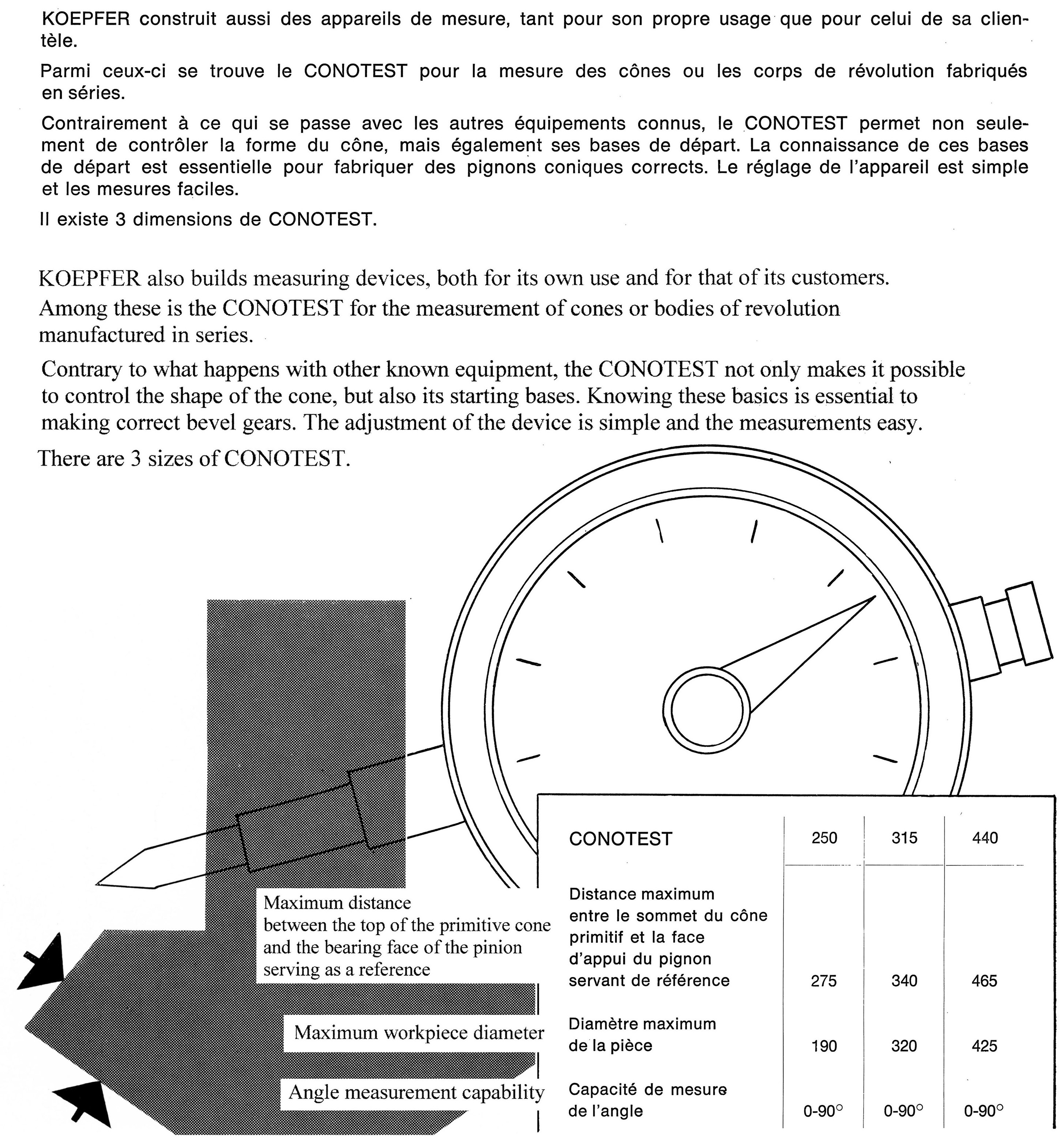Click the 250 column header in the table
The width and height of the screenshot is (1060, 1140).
(824, 838)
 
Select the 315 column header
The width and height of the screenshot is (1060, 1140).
(904, 838)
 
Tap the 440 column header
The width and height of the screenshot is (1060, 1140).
(984, 838)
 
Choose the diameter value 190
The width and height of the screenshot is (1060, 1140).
(824, 1046)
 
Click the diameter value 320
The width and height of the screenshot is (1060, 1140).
(904, 1046)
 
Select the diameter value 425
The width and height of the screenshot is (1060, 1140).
(984, 1046)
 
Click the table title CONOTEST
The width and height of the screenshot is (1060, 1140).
(620, 839)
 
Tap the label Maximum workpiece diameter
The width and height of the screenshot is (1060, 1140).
(419, 1033)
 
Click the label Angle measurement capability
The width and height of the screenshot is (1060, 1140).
(416, 1092)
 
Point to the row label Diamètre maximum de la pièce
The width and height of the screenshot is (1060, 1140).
(642, 1035)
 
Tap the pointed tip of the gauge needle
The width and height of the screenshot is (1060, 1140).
(874, 597)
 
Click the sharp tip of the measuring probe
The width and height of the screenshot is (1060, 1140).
(99, 884)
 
